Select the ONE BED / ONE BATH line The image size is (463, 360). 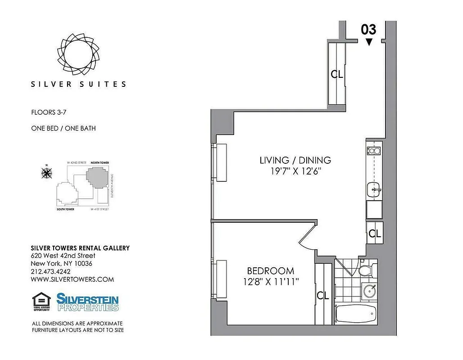63,128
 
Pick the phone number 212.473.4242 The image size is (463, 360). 50,271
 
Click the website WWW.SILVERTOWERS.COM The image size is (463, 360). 72,279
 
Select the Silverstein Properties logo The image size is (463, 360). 87,302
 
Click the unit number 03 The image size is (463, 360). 368,30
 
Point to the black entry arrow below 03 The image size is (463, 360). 369,42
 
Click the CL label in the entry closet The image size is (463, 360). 337,74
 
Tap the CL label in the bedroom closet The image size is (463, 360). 323,296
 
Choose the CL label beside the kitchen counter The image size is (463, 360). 375,234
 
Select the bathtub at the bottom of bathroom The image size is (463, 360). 356,314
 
